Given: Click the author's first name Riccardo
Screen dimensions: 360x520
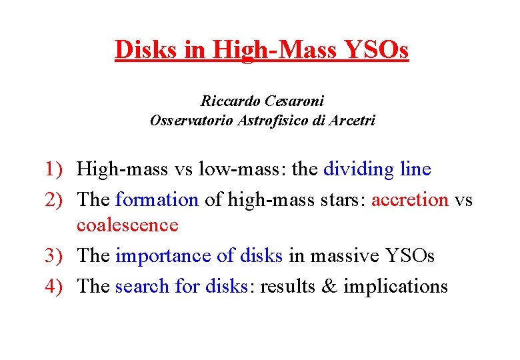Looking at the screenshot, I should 230,102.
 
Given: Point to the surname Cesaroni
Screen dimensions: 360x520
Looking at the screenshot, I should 295,102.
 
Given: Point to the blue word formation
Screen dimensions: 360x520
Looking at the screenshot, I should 157,199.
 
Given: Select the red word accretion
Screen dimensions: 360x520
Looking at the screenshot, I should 409,199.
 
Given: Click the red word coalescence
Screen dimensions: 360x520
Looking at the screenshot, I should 127,225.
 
